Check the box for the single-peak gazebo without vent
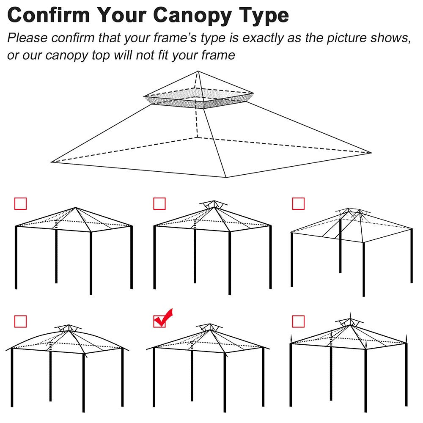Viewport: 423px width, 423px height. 20,203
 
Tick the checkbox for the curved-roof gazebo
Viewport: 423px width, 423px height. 20,321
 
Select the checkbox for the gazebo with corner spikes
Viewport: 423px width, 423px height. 298,321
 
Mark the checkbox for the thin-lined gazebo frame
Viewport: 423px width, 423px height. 298,203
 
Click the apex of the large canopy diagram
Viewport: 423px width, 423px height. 198,71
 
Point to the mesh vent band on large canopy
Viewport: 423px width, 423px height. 199,101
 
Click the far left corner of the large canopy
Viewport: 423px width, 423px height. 52,162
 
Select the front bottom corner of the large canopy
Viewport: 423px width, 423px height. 227,177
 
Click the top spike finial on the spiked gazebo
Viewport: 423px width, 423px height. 350,315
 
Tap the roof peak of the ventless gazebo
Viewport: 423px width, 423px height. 76,208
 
